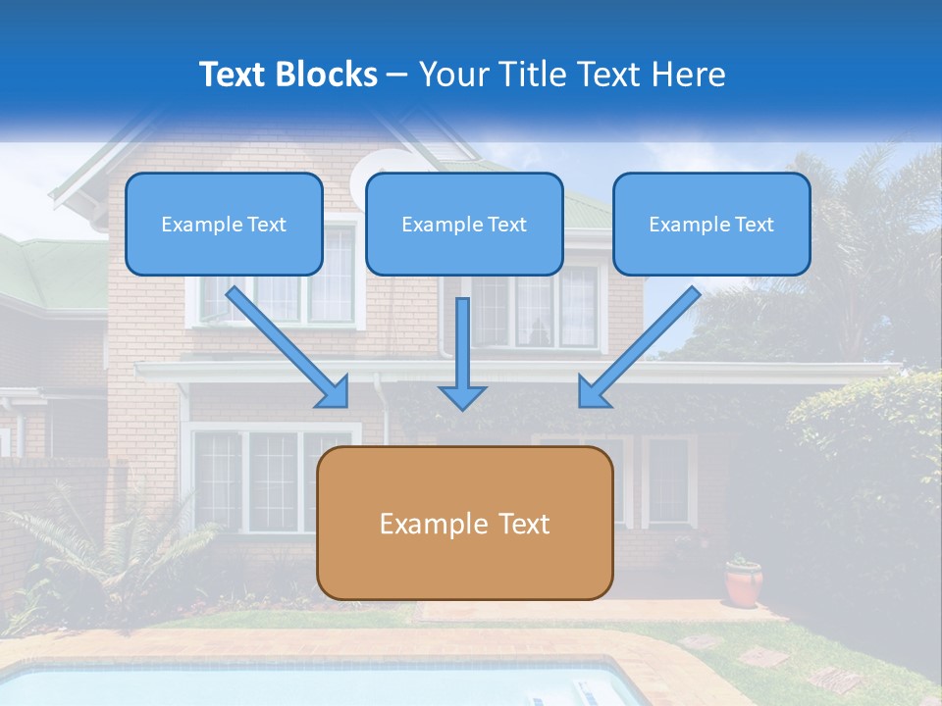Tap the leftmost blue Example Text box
(x=224, y=224)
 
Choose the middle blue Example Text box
(x=464, y=224)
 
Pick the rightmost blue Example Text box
(x=711, y=224)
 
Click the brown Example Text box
(x=464, y=523)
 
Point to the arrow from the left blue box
(x=288, y=347)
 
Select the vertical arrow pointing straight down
(x=462, y=353)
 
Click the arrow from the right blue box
(x=638, y=347)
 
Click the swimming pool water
(x=294, y=686)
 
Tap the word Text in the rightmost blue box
(x=755, y=224)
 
